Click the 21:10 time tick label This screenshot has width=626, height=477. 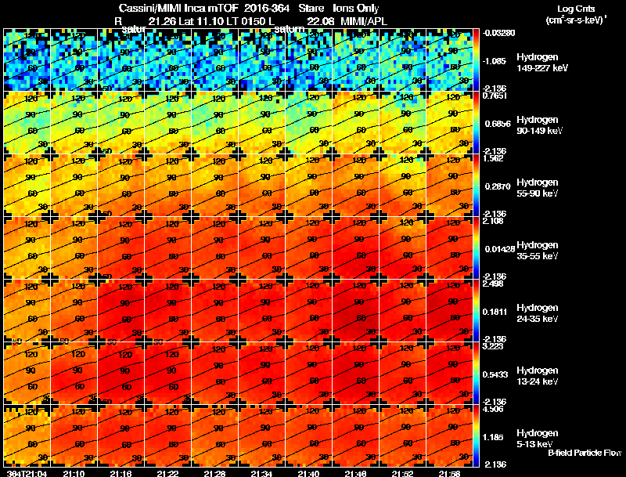tap(74, 473)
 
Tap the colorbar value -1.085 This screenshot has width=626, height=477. tap(495, 60)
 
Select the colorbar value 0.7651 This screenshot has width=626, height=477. tap(495, 96)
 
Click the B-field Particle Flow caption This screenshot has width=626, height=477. tap(584, 454)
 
